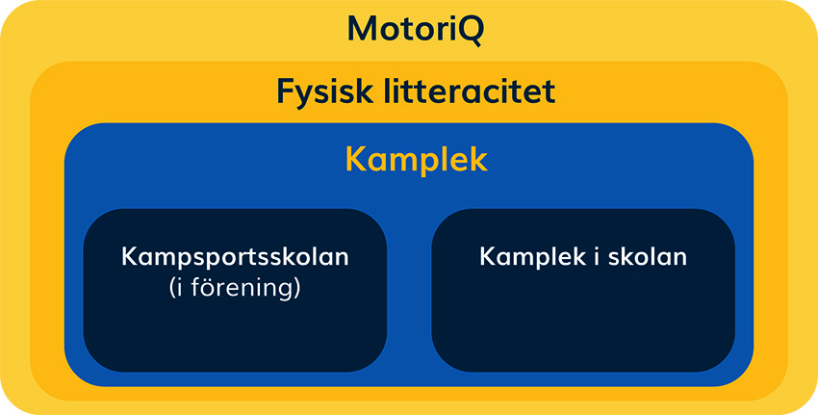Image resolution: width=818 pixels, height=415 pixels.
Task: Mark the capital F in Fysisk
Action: click(x=286, y=92)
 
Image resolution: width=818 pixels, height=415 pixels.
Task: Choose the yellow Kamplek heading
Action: click(x=416, y=159)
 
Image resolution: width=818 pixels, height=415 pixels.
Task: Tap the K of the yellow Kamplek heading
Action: click(x=355, y=159)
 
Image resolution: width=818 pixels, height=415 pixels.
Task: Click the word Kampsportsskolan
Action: click(x=235, y=258)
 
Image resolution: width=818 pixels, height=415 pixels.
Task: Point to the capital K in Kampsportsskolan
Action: click(x=129, y=258)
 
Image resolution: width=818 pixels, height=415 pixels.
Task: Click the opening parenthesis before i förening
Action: click(x=171, y=289)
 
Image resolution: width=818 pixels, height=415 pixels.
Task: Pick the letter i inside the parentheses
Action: click(x=180, y=287)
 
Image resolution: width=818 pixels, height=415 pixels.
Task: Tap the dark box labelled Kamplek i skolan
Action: click(x=582, y=327)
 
